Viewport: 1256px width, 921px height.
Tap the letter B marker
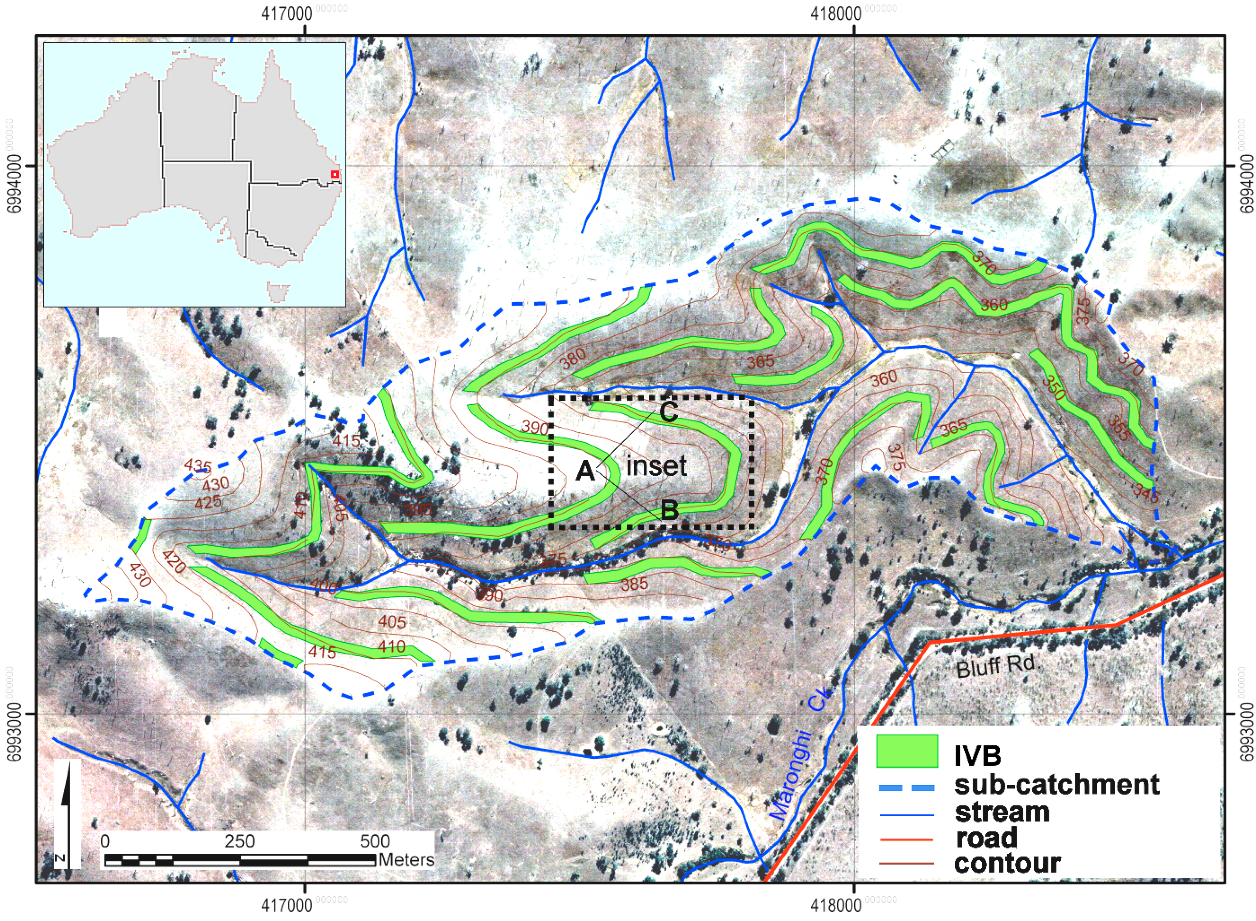pyautogui.click(x=669, y=509)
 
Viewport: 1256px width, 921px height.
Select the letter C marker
pyautogui.click(x=668, y=412)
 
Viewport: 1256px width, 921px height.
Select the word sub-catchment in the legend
pyautogui.click(x=1056, y=784)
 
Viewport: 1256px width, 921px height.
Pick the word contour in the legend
pyautogui.click(x=1007, y=863)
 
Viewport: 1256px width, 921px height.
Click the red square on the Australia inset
pyautogui.click(x=334, y=174)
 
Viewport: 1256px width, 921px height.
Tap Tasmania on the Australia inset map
pyautogui.click(x=278, y=292)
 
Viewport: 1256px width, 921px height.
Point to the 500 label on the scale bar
pyautogui.click(x=375, y=841)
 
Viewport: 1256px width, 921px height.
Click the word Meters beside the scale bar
pyautogui.click(x=406, y=860)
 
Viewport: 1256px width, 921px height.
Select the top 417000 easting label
pyautogui.click(x=286, y=13)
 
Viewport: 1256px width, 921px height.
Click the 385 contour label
pyautogui.click(x=635, y=584)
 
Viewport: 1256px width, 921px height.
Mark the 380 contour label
pyautogui.click(x=573, y=358)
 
